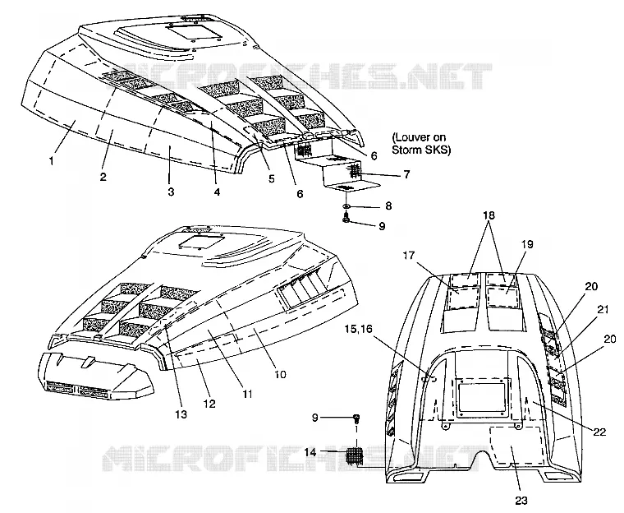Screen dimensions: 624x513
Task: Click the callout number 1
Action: coord(51,161)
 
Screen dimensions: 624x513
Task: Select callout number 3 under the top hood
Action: coord(171,192)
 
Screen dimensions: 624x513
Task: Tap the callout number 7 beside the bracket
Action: coord(406,174)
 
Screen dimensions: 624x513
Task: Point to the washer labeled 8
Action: coord(346,206)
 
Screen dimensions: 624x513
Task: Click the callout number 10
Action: coord(280,375)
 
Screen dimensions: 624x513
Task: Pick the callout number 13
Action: coord(181,414)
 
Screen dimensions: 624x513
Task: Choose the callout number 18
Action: coord(489,215)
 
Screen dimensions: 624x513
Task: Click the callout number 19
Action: coord(527,244)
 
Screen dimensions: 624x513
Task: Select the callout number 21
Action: coord(603,309)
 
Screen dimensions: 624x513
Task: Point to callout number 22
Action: coord(599,432)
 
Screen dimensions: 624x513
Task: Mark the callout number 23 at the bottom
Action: coord(521,501)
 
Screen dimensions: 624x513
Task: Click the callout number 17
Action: coord(409,255)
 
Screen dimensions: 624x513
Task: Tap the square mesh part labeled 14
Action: coord(355,455)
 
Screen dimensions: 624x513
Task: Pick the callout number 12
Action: coord(209,404)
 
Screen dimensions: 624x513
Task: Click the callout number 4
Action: coord(217,192)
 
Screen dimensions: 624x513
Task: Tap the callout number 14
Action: coord(311,452)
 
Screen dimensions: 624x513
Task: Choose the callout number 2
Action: coord(103,177)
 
